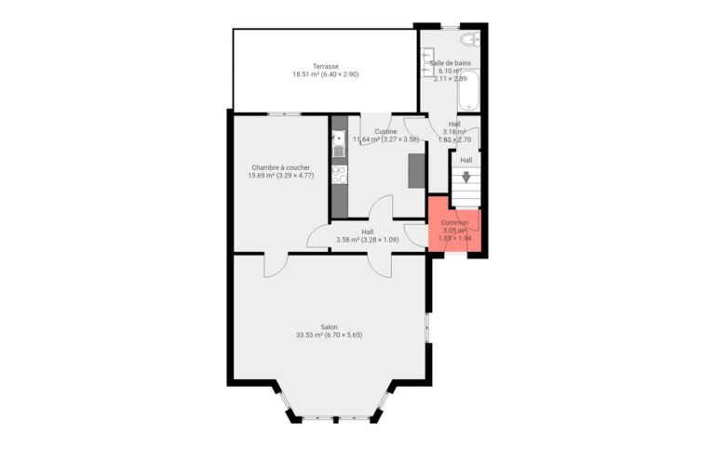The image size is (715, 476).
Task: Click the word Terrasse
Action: coord(325,66)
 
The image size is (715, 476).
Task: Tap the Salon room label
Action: coord(329,326)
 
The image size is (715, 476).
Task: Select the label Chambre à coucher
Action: coord(280,167)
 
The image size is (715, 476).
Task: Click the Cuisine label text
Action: coord(386,131)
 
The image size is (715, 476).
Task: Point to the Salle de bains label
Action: coord(450,63)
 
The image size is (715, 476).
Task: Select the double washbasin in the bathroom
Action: coord(425,63)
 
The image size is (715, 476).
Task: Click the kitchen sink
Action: coord(339,140)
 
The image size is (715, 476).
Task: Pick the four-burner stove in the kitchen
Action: coord(339,173)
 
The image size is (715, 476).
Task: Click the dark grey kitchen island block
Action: coord(417,170)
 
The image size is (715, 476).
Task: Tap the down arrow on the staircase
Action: coord(466,177)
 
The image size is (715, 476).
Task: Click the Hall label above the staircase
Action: coord(465,160)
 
